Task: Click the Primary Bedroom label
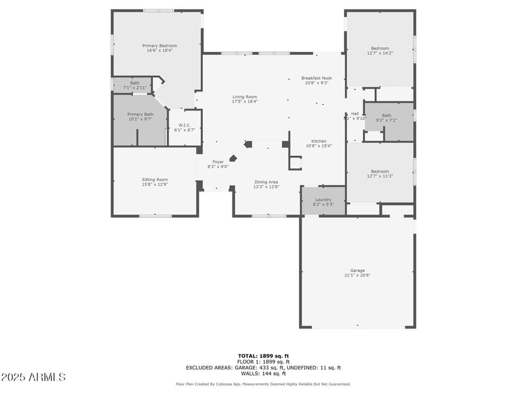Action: (160, 45)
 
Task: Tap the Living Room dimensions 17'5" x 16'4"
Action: (244, 102)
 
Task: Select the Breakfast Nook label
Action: (317, 78)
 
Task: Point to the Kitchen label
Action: (319, 142)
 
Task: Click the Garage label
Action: (358, 271)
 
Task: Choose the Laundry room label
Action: (323, 199)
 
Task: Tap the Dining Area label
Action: (266, 182)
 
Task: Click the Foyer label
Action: (218, 161)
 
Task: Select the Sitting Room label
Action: (155, 179)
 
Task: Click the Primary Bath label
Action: (140, 115)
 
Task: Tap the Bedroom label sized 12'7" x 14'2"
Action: (380, 48)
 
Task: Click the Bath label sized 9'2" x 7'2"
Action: (386, 116)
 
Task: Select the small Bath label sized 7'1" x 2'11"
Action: (134, 83)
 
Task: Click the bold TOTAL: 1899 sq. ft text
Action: (263, 355)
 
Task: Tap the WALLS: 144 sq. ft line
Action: (263, 373)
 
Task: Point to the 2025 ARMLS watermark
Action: (33, 377)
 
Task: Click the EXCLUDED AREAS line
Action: (263, 367)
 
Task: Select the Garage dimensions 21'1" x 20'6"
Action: (358, 275)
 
